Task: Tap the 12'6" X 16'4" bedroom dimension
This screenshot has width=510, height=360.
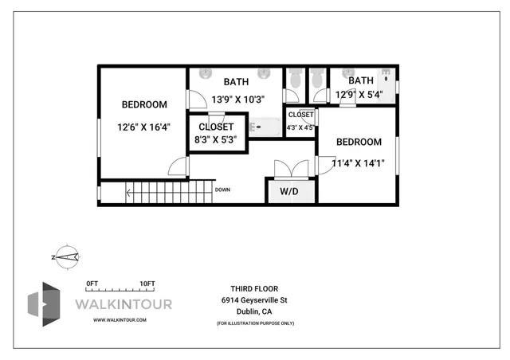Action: click(144, 126)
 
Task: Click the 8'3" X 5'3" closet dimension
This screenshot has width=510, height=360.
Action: click(216, 140)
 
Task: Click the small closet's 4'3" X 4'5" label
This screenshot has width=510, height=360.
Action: click(300, 127)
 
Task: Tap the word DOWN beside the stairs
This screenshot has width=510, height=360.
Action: click(222, 190)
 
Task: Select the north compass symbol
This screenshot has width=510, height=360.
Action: click(65, 256)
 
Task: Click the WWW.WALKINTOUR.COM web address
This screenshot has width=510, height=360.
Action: click(120, 319)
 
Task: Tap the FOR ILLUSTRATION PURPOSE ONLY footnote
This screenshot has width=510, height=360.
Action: click(254, 323)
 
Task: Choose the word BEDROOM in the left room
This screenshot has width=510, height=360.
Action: click(144, 104)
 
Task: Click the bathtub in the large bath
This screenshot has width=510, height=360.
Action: click(265, 127)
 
